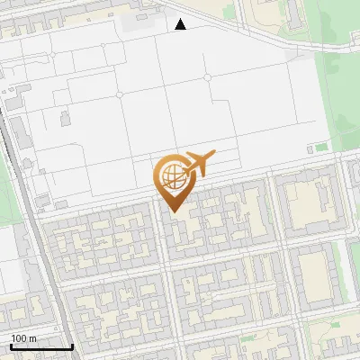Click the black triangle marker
(181, 24)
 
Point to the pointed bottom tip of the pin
(173, 211)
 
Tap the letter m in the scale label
(33, 337)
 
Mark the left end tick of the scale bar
(10, 346)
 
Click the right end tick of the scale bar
(72, 346)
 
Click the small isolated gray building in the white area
(65, 117)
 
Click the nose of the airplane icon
(214, 157)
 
